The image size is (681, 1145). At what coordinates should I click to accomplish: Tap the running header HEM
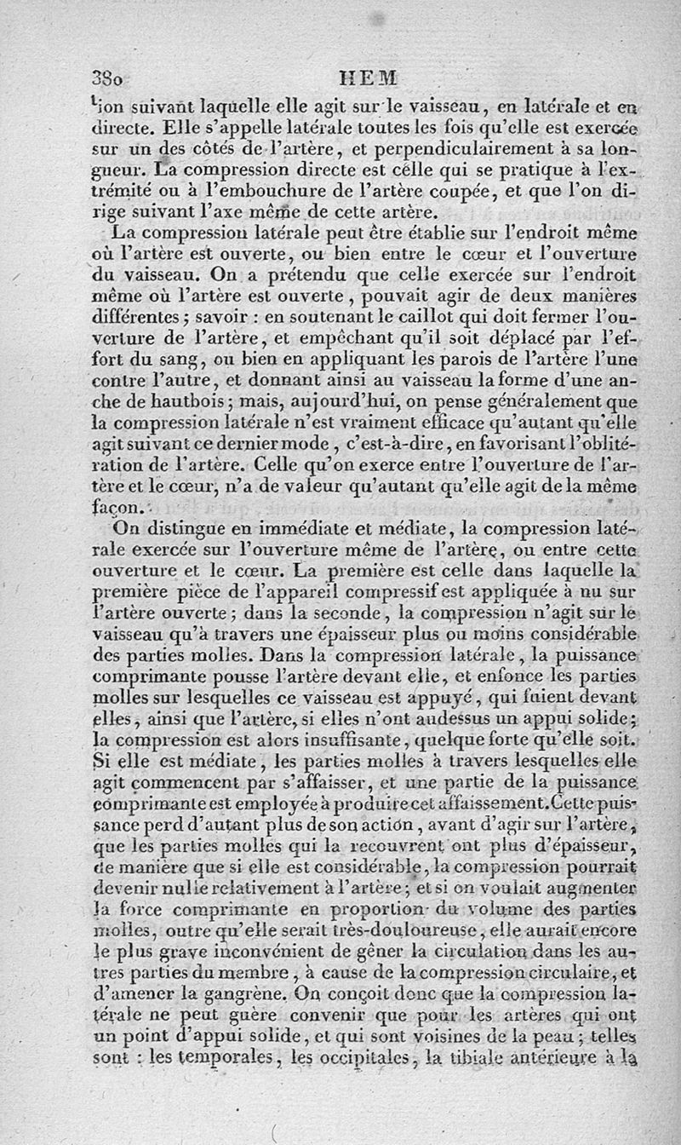(x=369, y=78)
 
